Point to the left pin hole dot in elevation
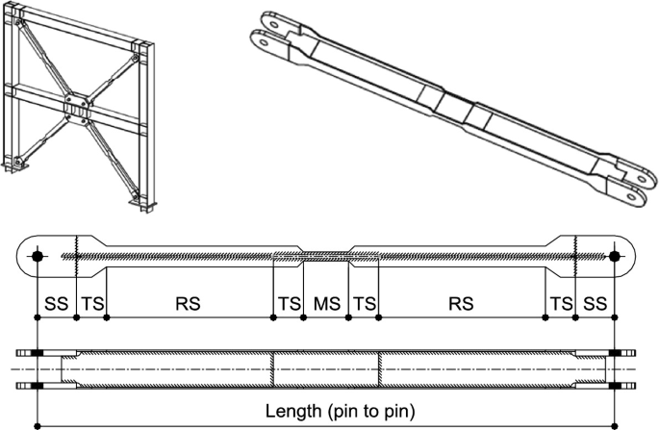coord(37,256)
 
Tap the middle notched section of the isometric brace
coord(452,108)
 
